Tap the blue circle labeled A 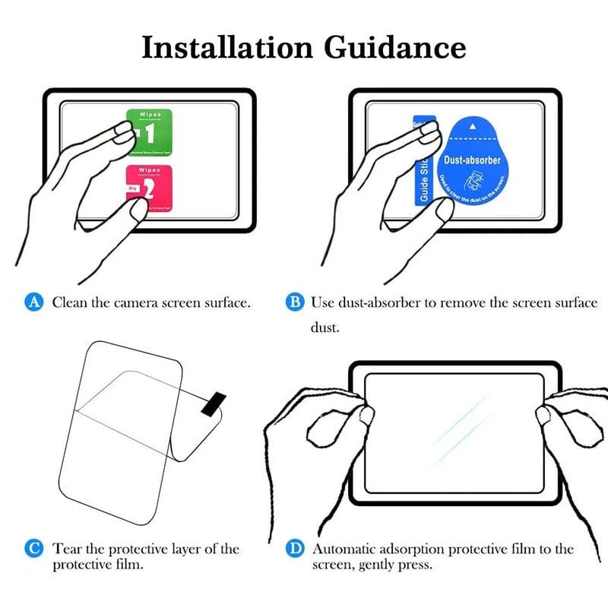(x=33, y=302)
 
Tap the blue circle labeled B (x=294, y=302)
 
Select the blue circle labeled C (x=33, y=549)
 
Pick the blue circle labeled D (x=294, y=549)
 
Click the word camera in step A (x=140, y=302)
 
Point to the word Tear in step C (x=67, y=549)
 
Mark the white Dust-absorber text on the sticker (x=473, y=160)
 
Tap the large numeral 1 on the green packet (x=150, y=134)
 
